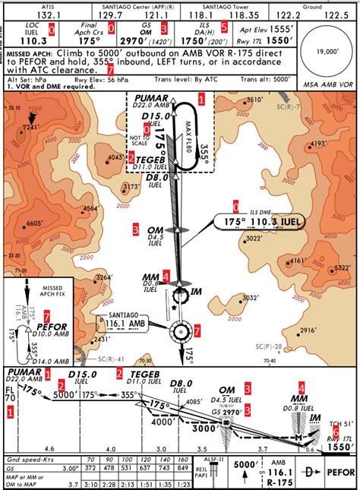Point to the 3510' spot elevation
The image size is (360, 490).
tap(255, 100)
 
